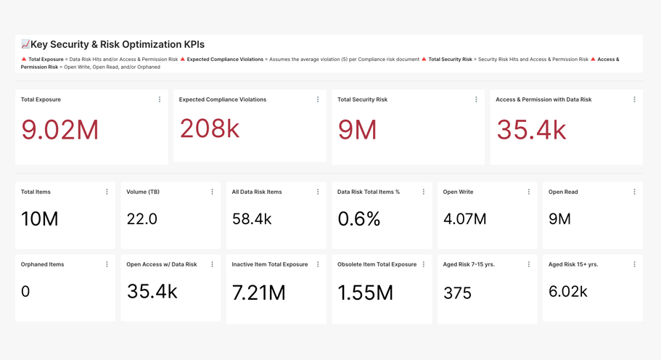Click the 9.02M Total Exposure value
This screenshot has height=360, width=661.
[59, 130]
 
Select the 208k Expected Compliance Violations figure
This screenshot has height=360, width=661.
[210, 128]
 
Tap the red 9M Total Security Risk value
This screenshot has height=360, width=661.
[357, 130]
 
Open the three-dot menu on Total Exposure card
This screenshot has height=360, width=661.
[160, 99]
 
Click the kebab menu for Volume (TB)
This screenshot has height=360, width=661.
[212, 192]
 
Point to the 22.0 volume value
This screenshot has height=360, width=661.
[141, 218]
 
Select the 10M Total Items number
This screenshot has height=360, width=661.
[39, 218]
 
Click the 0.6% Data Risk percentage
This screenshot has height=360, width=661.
[358, 218]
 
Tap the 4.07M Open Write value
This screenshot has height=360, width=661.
[464, 218]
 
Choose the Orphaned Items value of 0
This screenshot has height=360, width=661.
[25, 292]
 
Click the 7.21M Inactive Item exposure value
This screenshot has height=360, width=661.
[258, 292]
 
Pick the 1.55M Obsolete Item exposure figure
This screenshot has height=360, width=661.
[365, 292]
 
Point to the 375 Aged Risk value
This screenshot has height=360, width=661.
[457, 293]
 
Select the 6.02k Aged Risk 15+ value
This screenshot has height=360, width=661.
[568, 292]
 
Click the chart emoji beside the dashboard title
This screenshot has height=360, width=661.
[25, 44]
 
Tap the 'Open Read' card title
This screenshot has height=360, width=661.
[563, 192]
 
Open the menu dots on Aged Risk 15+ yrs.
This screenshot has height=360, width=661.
[634, 264]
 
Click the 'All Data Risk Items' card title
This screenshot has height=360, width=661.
[256, 192]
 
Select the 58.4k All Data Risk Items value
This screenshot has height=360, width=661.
[252, 218]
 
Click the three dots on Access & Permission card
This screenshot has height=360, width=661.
[634, 99]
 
